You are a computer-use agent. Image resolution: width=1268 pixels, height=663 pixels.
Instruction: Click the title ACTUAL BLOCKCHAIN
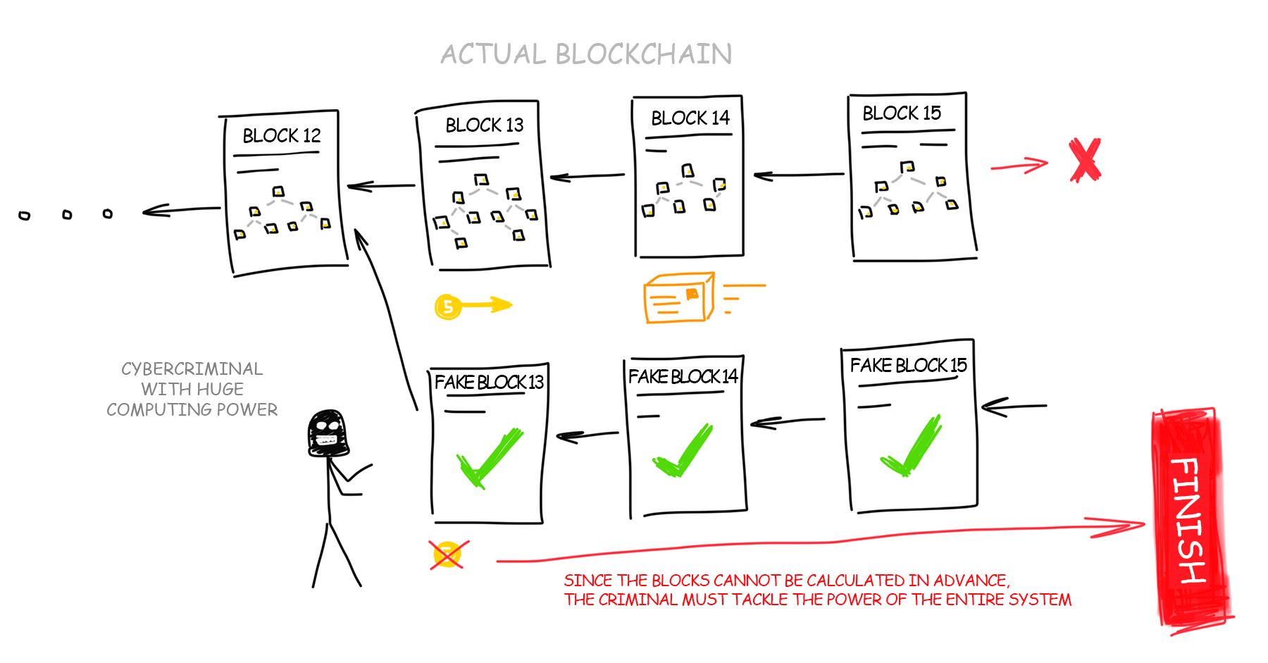coord(586,54)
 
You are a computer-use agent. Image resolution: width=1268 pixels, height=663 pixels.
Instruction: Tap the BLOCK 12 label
coord(282,135)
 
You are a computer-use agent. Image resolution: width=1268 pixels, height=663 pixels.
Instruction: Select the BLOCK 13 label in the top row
coord(485,125)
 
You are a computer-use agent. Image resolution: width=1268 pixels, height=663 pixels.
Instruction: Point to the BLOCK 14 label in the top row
coord(690,118)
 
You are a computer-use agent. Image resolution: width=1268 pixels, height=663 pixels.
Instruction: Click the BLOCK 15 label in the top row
coord(902,113)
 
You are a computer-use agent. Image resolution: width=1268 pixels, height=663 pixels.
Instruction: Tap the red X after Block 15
coord(1085,160)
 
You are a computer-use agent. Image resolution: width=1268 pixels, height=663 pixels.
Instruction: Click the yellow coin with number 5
coord(448,306)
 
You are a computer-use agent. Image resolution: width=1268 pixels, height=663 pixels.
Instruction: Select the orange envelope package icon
coord(679,298)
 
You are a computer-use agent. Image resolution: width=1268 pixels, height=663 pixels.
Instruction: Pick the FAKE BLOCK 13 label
coord(489,382)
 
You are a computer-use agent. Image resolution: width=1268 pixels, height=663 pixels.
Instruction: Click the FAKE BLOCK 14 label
coord(683,376)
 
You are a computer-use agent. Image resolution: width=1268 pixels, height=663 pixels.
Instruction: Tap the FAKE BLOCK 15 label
coord(908,365)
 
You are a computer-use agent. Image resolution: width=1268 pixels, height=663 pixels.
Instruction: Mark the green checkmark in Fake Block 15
coord(911,446)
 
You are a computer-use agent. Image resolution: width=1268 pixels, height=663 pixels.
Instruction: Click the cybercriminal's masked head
coord(328,433)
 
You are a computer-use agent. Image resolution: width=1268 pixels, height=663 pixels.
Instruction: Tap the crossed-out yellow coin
coord(448,554)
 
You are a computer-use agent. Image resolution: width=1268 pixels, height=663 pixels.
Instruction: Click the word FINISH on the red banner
coord(1190,520)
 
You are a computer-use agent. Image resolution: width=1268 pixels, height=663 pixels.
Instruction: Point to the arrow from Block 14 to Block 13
coord(587,176)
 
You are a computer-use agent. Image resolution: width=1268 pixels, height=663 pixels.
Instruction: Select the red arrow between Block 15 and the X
coord(1019,166)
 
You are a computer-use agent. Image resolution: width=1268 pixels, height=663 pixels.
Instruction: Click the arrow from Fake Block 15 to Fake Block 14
coord(788,422)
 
